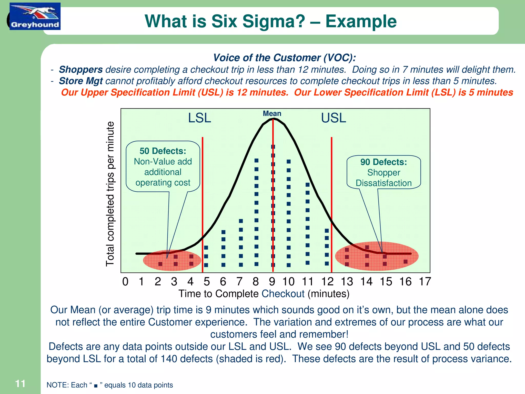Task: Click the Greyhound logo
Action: coord(35,16)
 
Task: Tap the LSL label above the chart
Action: coord(199,118)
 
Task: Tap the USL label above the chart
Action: coord(334,118)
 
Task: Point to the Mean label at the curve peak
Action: coord(272,113)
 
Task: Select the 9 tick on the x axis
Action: coord(272,282)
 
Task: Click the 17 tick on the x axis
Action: coord(425,282)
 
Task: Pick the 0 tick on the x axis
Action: coord(125,282)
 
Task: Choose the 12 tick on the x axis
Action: coord(327,282)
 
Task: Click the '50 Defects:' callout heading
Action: coord(163,151)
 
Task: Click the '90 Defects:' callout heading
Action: coord(383,162)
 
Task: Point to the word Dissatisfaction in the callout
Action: coord(383,183)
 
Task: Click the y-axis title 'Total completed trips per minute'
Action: coord(110,194)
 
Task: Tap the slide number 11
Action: coord(20,384)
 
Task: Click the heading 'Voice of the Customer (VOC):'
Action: coord(285,58)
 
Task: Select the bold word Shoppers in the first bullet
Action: coord(81,70)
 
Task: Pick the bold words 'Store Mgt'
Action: coord(81,81)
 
